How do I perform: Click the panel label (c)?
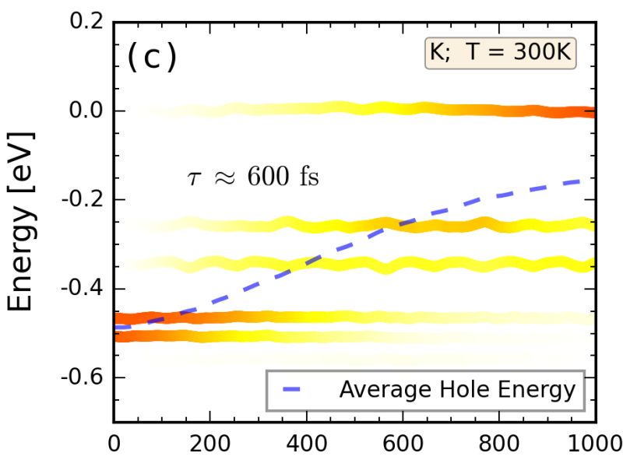click(x=151, y=58)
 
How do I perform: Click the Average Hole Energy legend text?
click(x=456, y=390)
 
